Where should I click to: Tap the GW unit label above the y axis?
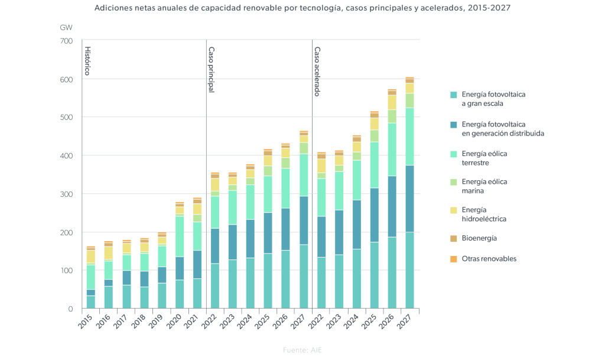[66, 28]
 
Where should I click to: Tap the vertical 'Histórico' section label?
[87, 61]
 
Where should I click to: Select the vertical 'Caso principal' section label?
[212, 69]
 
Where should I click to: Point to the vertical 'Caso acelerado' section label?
[317, 72]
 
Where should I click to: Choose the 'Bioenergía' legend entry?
[479, 238]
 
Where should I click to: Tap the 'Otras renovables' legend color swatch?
[453, 259]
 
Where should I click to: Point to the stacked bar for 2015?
[90, 277]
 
